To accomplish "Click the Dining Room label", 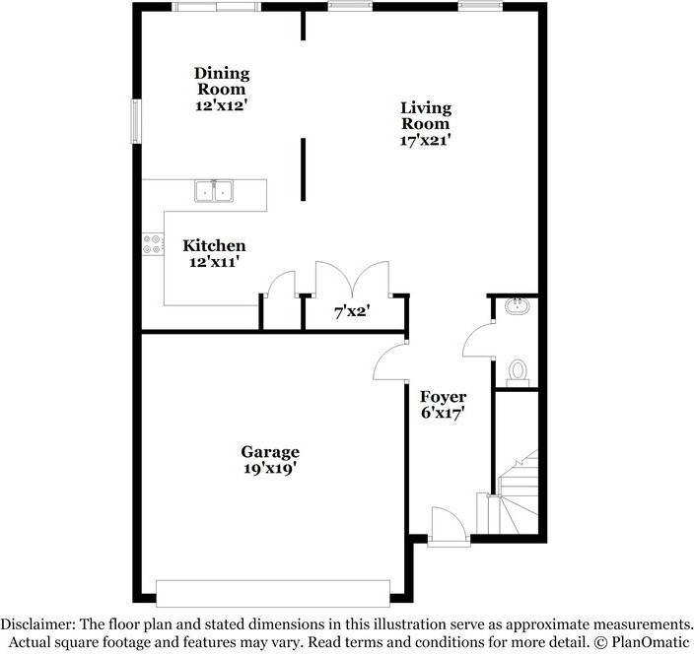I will [x=221, y=81].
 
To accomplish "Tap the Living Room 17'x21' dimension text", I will [x=425, y=140].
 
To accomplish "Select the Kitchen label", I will [x=214, y=245].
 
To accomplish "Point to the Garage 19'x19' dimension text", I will [x=269, y=469].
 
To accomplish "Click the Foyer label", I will [x=443, y=397].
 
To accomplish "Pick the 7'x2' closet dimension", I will [x=352, y=312].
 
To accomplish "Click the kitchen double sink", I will [x=213, y=190].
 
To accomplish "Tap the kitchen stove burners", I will [x=153, y=243].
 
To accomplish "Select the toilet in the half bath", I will [x=519, y=371].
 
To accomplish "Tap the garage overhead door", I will [x=273, y=592].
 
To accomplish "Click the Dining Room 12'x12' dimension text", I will [x=221, y=102].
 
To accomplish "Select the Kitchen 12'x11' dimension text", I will [x=214, y=262].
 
